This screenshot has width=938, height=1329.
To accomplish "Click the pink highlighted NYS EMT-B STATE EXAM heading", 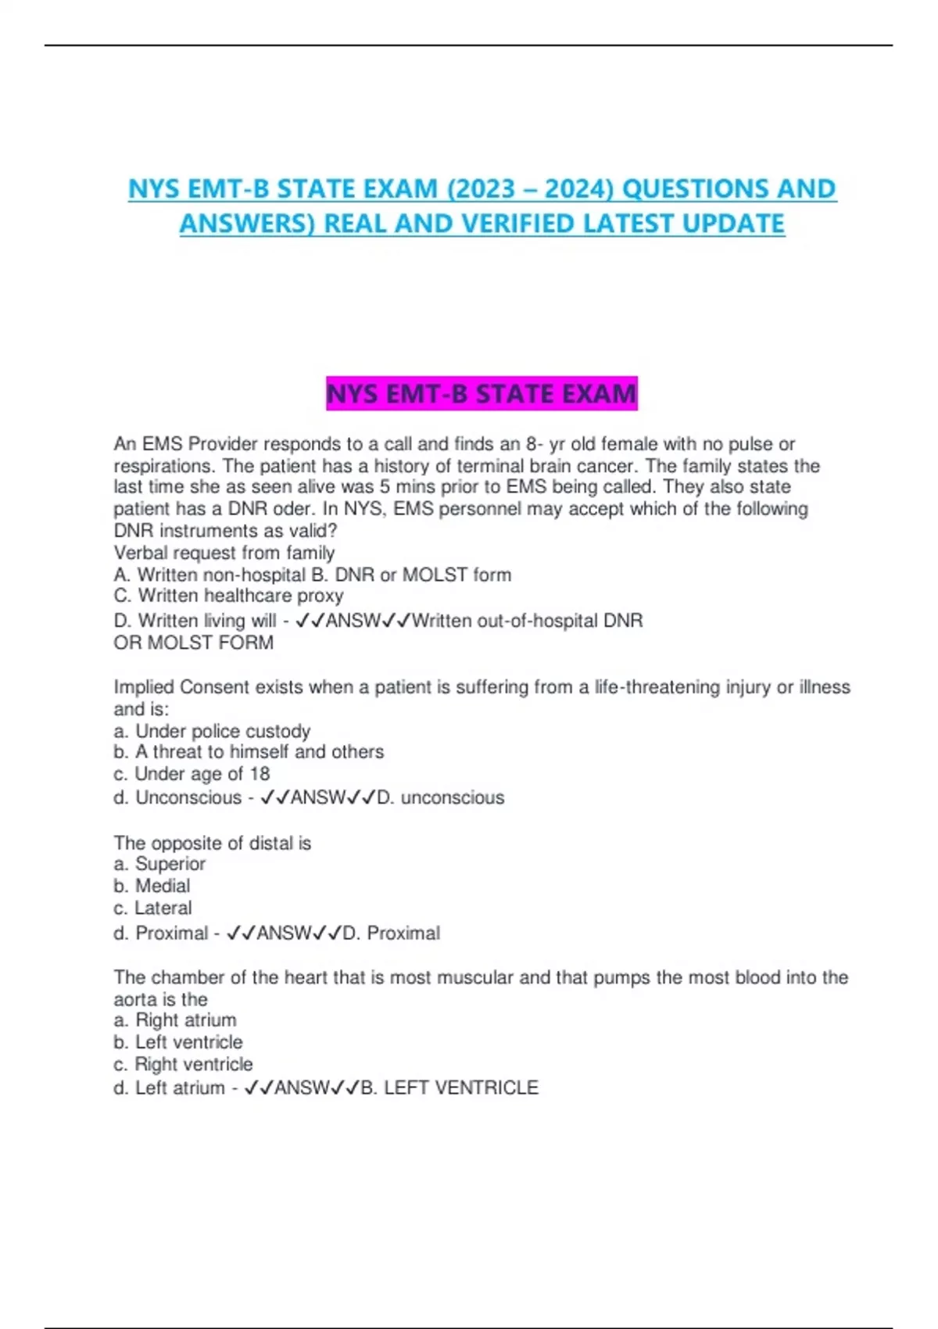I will (x=482, y=393).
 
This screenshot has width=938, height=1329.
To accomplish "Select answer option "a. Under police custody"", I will (x=212, y=731).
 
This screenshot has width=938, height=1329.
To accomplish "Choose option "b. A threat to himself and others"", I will (x=249, y=752).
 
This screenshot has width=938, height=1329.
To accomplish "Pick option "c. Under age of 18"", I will (x=192, y=774).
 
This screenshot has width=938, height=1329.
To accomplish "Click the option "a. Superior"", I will (x=159, y=864).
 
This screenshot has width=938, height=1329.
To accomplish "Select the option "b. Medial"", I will (x=152, y=886).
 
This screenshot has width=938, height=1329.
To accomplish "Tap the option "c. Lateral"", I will (x=152, y=908).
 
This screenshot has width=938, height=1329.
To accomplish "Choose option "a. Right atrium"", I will (x=175, y=1020).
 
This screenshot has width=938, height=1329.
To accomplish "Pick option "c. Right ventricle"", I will (x=183, y=1064).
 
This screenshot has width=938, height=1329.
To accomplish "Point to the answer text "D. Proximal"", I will (x=392, y=933).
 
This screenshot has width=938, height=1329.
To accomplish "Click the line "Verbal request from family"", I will (x=224, y=553).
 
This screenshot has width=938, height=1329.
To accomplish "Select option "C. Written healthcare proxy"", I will (x=228, y=596).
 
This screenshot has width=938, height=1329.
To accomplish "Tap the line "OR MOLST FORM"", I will (x=194, y=643).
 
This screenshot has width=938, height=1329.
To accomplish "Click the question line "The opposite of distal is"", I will (x=213, y=843).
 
